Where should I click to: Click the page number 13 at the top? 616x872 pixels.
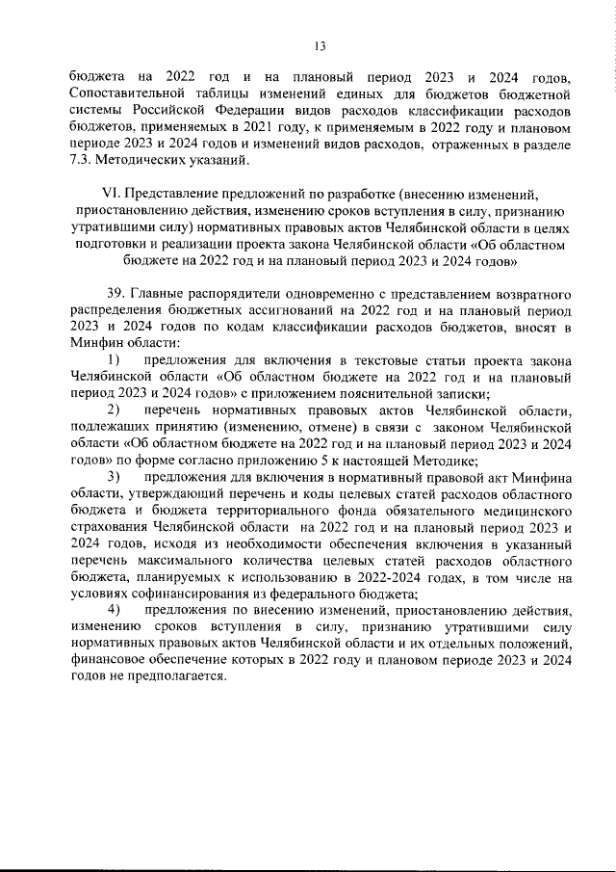point(321,45)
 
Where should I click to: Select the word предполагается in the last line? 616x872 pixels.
point(172,675)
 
